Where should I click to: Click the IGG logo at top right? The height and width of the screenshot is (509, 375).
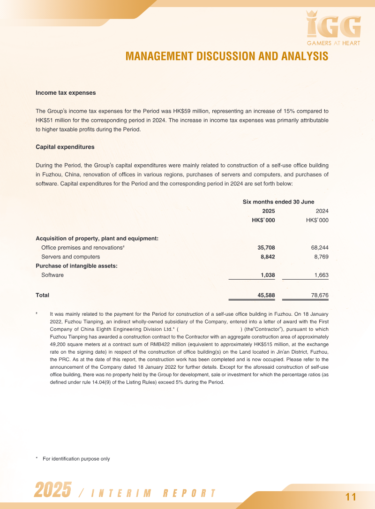coord(333,28)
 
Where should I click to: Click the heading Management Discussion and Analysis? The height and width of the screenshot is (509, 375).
coord(227,57)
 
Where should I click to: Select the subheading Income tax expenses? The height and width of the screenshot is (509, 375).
coord(66,93)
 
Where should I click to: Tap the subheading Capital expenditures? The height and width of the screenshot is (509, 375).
coord(65,147)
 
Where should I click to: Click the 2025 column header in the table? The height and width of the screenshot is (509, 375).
coord(268,211)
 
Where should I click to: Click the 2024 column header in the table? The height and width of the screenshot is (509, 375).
coord(322,211)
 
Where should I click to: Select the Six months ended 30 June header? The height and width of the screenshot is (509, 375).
coord(278,202)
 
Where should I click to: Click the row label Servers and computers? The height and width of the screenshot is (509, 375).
coord(70,257)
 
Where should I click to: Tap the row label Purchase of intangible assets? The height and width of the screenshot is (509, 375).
coord(76,266)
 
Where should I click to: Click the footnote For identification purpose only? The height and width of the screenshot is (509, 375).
coord(76,459)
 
